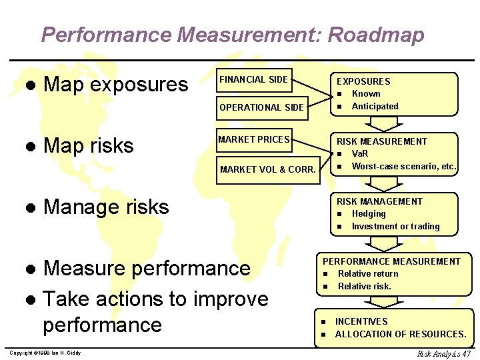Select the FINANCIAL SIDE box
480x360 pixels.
pyautogui.click(x=254, y=80)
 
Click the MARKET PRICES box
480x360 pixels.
pyautogui.click(x=254, y=140)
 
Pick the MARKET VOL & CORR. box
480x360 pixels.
pyautogui.click(x=267, y=169)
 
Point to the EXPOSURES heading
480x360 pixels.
pyautogui.click(x=363, y=81)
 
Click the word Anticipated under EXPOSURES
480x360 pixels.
pyautogui.click(x=375, y=107)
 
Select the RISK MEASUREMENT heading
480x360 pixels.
pyautogui.click(x=381, y=141)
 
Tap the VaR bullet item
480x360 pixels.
pyautogui.click(x=360, y=154)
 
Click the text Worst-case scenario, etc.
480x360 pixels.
pyautogui.click(x=403, y=167)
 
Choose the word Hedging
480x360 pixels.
pyautogui.click(x=369, y=214)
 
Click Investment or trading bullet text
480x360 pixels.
pyautogui.click(x=395, y=227)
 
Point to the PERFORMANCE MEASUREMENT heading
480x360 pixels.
pyautogui.click(x=391, y=261)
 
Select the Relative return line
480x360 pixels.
pyautogui.click(x=367, y=274)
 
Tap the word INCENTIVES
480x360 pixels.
pyautogui.click(x=362, y=321)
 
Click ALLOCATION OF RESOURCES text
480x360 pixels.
pyautogui.click(x=400, y=334)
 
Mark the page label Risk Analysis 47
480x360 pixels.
pyautogui.click(x=444, y=353)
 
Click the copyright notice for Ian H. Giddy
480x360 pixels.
pyautogui.click(x=45, y=353)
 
